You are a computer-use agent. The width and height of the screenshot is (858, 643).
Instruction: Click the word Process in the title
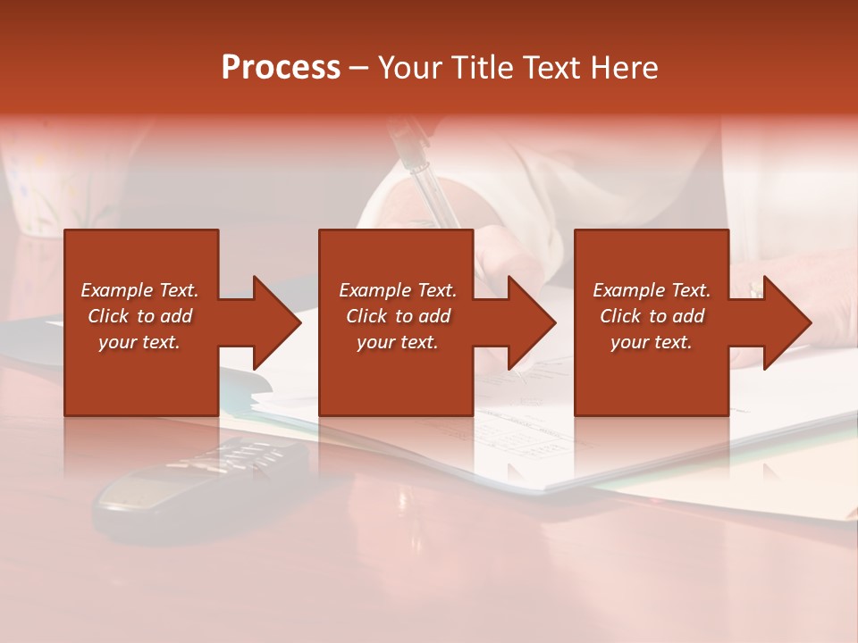[x=281, y=67]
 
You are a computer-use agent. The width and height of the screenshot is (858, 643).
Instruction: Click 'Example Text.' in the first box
[x=139, y=290]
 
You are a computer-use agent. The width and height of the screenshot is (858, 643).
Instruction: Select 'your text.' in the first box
[x=139, y=342]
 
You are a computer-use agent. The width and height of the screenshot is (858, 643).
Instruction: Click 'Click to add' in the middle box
[x=398, y=316]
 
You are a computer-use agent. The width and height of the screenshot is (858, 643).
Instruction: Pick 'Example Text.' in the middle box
[x=398, y=290]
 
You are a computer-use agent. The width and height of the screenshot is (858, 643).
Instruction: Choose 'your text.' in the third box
[x=652, y=342]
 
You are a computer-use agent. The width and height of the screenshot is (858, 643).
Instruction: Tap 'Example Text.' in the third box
[x=652, y=290]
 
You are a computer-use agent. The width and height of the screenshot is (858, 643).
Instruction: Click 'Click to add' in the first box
[x=139, y=316]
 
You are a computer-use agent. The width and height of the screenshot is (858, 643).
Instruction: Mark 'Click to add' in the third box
[x=652, y=316]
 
